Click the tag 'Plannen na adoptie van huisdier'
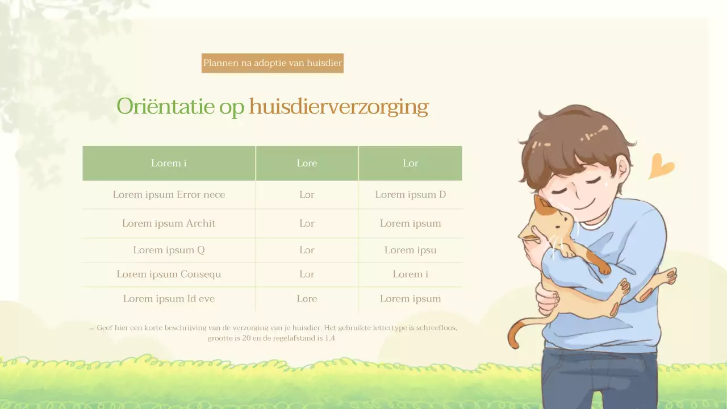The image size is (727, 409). coord(273,63)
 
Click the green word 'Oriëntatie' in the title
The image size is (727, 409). coord(165,106)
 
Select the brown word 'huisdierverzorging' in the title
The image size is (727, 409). coord(339,106)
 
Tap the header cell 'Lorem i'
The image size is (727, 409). coord(169,163)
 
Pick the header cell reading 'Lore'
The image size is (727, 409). coord(307,163)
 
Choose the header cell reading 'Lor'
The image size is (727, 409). coord(410,163)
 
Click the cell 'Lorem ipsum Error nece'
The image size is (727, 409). coord(169,194)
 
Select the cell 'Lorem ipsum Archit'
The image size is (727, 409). coord(169,223)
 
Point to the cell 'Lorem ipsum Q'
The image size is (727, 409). coord(169,250)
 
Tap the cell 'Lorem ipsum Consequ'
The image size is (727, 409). coord(169,274)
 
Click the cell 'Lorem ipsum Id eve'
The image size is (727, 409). coord(169,298)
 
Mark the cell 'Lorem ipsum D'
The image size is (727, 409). coord(410,194)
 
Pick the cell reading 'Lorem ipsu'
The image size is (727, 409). coord(410,250)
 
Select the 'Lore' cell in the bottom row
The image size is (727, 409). coord(307,298)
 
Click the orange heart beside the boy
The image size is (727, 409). coord(660,166)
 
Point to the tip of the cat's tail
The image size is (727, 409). coord(513,344)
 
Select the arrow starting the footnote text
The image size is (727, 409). coord(91,328)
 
